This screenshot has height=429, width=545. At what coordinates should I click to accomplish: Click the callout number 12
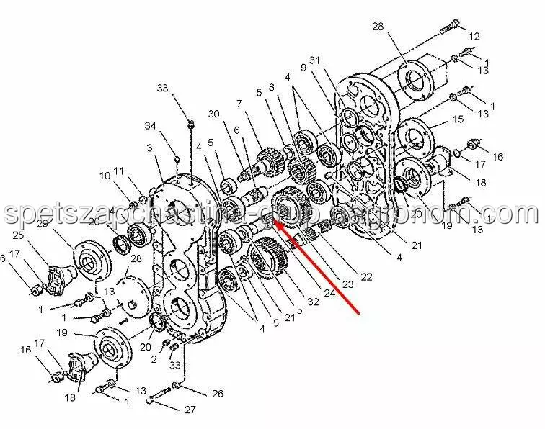pos(474,37)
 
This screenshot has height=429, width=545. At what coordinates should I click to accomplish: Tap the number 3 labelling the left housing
pos(149,148)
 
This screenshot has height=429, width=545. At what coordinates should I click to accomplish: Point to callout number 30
pos(213,114)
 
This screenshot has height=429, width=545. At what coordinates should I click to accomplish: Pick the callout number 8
pos(272,87)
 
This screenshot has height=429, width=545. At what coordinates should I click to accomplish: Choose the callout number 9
pos(303,68)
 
